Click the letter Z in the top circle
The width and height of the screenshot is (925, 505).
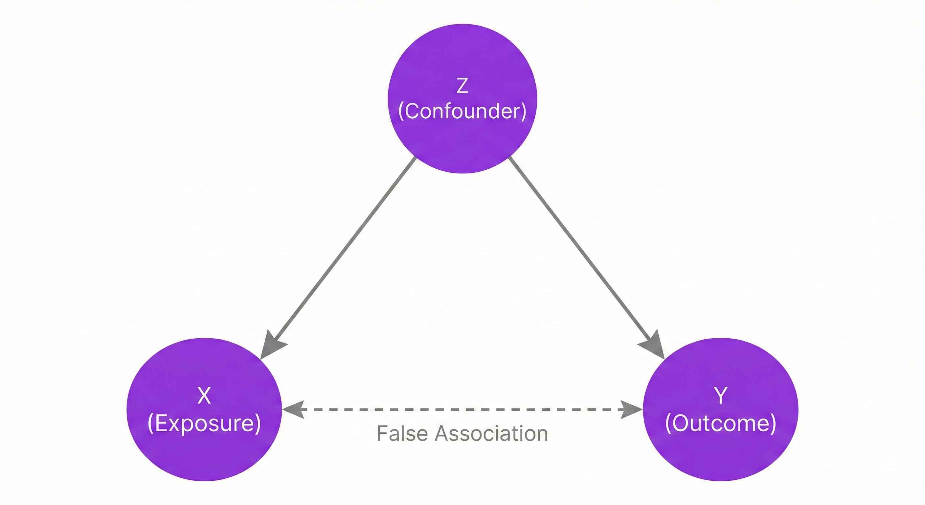tap(462, 86)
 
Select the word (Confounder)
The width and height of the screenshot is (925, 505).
tap(462, 111)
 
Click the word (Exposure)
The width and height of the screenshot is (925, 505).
tap(204, 423)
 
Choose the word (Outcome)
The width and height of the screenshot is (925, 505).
tap(721, 423)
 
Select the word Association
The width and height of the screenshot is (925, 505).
tap(491, 433)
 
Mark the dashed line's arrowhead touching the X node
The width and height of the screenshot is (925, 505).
tap(293, 409)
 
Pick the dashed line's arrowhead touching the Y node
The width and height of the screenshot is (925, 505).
tap(632, 409)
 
